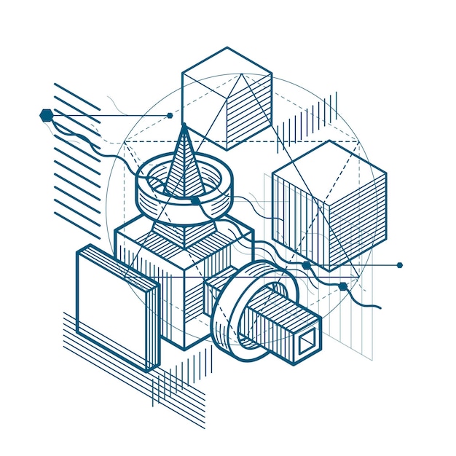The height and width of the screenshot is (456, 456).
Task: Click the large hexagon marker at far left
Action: (47, 114)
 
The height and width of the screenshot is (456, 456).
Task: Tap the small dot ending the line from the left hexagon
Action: (170, 115)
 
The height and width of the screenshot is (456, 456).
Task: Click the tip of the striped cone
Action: (184, 127)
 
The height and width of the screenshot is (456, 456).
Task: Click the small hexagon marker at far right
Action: (399, 265)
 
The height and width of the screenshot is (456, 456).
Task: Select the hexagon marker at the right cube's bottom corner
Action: (307, 265)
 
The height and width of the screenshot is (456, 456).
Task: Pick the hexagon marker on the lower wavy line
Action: (343, 286)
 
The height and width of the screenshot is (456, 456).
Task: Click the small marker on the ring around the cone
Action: (195, 200)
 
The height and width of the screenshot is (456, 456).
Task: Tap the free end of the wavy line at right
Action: (380, 308)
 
